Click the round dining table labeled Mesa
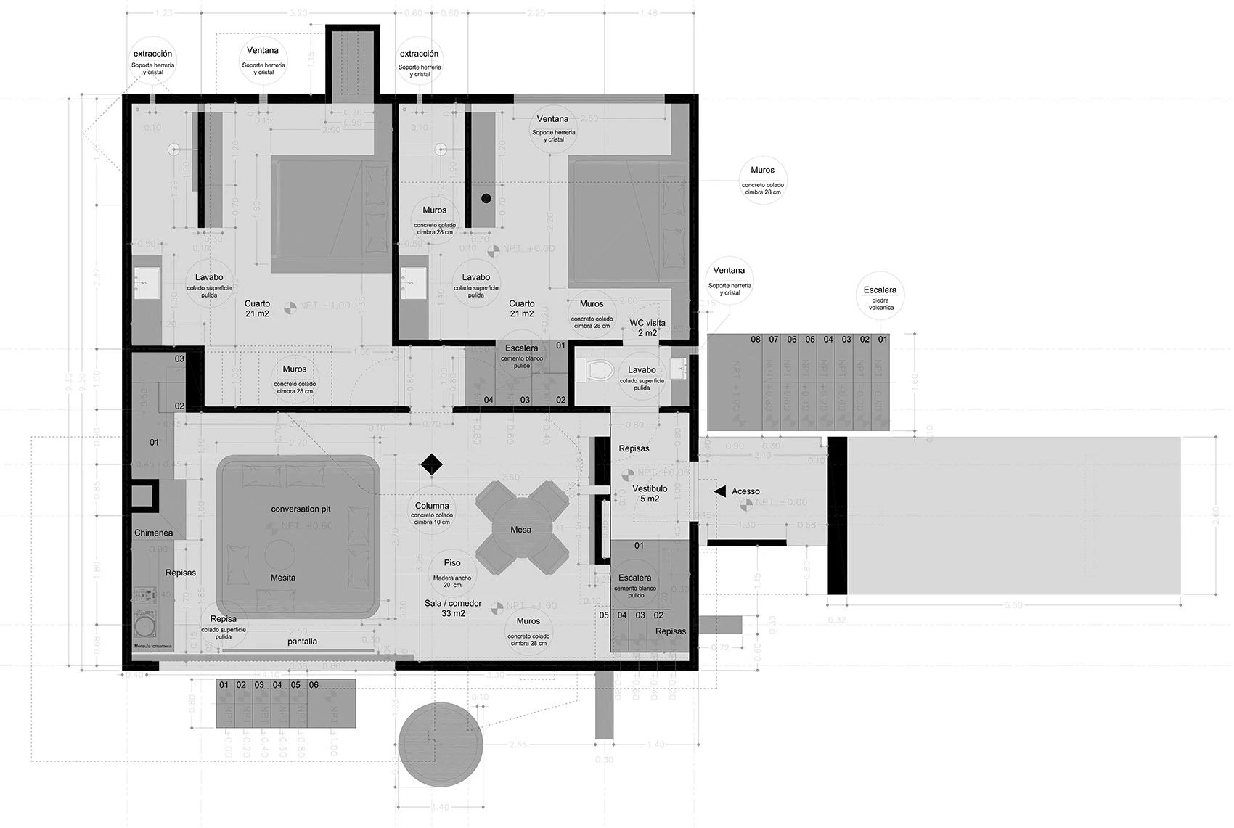(520, 530)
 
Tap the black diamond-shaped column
(431, 464)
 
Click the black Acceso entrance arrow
(719, 491)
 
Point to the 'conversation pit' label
(301, 509)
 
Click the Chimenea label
(153, 533)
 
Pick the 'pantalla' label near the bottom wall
(302, 641)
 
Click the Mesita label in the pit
(283, 578)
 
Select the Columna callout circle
(432, 512)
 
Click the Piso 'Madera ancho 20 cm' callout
(452, 572)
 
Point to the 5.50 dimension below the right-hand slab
(1013, 604)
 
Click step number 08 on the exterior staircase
(756, 340)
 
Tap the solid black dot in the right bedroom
(486, 198)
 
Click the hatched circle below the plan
(441, 743)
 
